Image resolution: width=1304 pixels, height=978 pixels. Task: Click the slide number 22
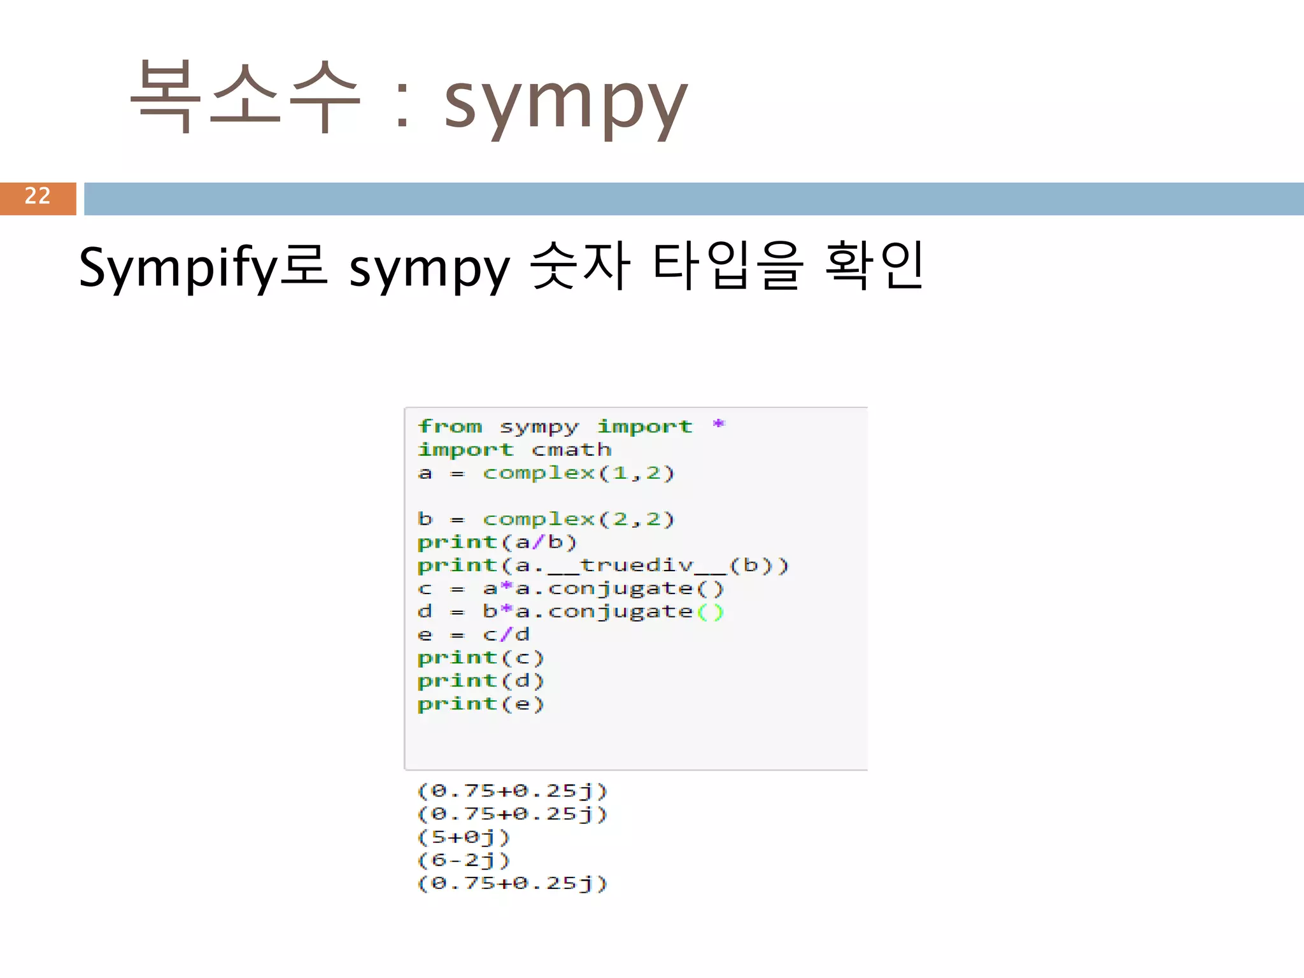pyautogui.click(x=38, y=196)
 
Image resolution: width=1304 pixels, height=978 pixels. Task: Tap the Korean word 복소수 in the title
pyautogui.click(x=245, y=97)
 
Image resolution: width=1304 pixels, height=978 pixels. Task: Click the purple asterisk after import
pyautogui.click(x=718, y=425)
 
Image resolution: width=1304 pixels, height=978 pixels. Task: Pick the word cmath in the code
pyautogui.click(x=571, y=450)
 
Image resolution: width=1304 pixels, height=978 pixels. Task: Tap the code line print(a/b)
pyautogui.click(x=497, y=542)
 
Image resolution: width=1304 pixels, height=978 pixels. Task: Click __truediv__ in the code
pyautogui.click(x=636, y=565)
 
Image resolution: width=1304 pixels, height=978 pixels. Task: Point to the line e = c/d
pyautogui.click(x=473, y=635)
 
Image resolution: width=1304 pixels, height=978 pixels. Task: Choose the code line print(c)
pyautogui.click(x=480, y=658)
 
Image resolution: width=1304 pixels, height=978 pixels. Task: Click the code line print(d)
pyautogui.click(x=480, y=681)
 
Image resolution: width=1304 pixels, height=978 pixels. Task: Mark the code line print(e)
pyautogui.click(x=480, y=704)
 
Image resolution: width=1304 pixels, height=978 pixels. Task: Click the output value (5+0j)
pyautogui.click(x=464, y=837)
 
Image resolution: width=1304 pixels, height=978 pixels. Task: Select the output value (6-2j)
pyautogui.click(x=464, y=860)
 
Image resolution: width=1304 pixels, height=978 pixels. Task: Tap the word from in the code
pyautogui.click(x=450, y=426)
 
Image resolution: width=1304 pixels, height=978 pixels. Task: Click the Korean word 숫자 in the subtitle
pyautogui.click(x=580, y=266)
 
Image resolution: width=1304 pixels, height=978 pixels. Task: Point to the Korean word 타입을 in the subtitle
pyautogui.click(x=726, y=266)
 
